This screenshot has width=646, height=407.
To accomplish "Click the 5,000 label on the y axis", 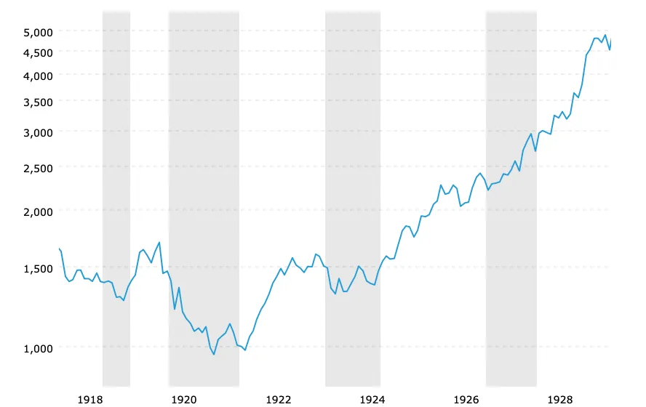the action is coord(38,32).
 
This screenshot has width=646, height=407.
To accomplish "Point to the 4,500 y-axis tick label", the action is coord(38,52).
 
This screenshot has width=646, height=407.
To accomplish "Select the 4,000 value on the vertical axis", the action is coord(38,76).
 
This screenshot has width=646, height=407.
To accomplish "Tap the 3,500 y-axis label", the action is coord(38,102).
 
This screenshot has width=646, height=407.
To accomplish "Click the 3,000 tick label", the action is coord(38,132).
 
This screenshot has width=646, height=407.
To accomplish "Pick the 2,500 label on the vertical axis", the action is coord(38,168).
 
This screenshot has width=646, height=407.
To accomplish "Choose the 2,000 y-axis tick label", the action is coord(38,211).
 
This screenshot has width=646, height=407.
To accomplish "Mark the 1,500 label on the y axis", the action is coord(38,268).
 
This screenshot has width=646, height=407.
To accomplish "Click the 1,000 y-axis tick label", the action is coord(38,348).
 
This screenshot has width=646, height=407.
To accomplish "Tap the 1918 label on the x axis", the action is coord(90,399).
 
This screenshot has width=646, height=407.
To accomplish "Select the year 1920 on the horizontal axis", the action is coord(184,399).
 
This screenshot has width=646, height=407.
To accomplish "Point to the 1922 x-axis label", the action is coord(279,399).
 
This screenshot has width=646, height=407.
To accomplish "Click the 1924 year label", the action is coord(372,399).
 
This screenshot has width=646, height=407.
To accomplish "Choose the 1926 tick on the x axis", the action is coord(466,399).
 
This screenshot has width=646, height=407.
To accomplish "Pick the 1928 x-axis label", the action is coord(560,399).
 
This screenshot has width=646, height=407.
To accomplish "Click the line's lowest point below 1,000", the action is coord(214,355).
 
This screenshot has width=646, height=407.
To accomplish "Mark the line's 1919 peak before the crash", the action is coord(159,243).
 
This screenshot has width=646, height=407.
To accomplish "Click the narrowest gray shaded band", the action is coord(116,198).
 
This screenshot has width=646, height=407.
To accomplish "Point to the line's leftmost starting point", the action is coord(60,249).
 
